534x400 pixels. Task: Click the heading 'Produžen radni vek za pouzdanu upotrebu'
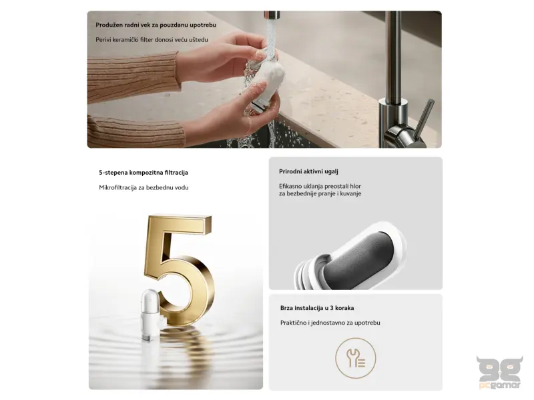pyautogui.click(x=156, y=25)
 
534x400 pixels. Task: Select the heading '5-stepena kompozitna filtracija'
pyautogui.click(x=143, y=172)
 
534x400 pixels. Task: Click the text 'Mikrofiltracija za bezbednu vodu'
pyautogui.click(x=144, y=187)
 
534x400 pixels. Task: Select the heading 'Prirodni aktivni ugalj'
pyautogui.click(x=308, y=171)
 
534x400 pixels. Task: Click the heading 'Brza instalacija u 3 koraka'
pyautogui.click(x=316, y=308)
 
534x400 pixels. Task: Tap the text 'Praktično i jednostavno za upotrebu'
pyautogui.click(x=330, y=323)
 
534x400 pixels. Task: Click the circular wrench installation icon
pyautogui.click(x=355, y=357)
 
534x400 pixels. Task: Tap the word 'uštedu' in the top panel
pyautogui.click(x=198, y=40)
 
